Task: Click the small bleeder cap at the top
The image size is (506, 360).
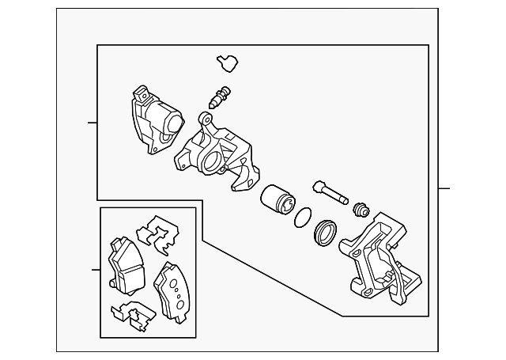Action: click(228, 62)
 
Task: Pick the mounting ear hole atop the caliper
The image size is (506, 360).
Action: click(207, 120)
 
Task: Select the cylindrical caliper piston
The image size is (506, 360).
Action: click(276, 199)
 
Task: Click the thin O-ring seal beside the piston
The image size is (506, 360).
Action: click(302, 218)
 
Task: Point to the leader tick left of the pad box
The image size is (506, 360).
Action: click(95, 271)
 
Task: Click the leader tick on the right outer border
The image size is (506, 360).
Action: click(444, 188)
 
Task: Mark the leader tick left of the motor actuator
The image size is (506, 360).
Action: click(92, 123)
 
